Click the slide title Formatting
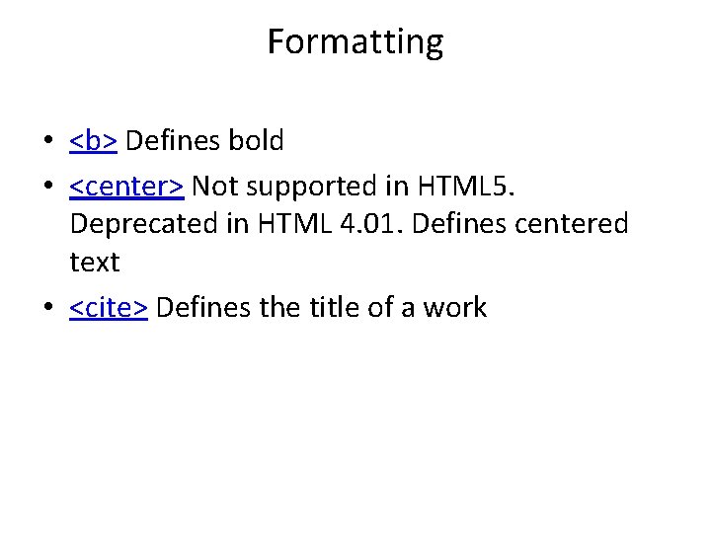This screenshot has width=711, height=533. [355, 42]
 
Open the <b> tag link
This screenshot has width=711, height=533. [94, 141]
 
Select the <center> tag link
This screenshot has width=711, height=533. [126, 185]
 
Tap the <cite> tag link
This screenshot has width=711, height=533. [109, 307]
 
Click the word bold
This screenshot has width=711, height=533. [256, 141]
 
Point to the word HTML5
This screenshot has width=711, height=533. [478, 185]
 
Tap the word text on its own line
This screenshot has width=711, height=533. [95, 263]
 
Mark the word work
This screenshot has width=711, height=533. [455, 307]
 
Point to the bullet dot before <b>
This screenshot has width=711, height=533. [47, 142]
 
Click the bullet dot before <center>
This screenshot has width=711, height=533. [47, 186]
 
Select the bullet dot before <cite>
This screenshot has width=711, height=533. [47, 308]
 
